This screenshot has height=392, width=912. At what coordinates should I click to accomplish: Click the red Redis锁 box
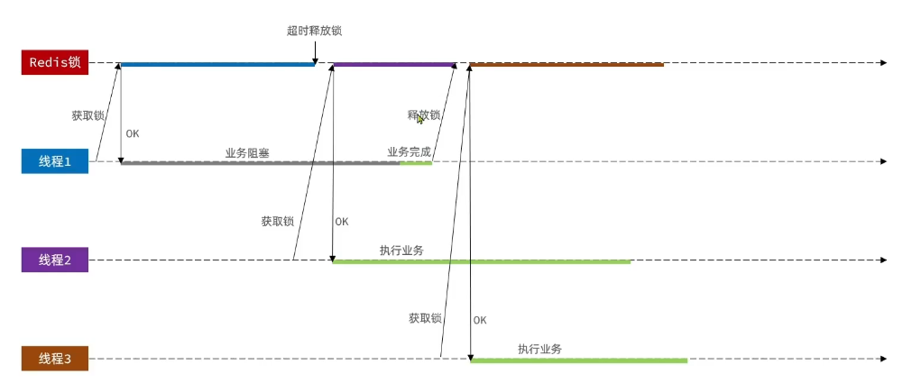(x=55, y=62)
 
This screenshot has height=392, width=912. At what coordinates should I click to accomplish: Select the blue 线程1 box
(x=55, y=161)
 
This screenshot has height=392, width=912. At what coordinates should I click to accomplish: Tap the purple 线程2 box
(x=55, y=260)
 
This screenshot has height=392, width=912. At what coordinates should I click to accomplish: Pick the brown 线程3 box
(x=55, y=359)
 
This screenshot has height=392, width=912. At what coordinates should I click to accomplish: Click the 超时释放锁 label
(x=314, y=31)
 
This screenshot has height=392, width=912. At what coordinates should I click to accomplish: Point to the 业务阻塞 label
(x=247, y=152)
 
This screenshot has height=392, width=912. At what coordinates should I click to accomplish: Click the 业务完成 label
(x=409, y=152)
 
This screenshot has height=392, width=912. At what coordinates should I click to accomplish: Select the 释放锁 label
(x=424, y=115)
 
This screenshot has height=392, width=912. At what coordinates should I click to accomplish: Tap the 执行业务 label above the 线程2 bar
(x=402, y=250)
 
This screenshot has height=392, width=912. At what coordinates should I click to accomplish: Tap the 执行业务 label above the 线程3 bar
(x=539, y=349)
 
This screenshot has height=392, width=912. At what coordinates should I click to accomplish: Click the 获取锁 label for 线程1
(x=88, y=115)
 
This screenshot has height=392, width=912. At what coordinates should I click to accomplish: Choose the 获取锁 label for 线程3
(x=424, y=318)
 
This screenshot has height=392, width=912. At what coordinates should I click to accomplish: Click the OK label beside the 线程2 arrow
(x=341, y=222)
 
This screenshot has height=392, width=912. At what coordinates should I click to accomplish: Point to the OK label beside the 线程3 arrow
(x=479, y=320)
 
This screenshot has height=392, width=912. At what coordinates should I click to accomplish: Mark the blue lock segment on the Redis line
(x=216, y=64)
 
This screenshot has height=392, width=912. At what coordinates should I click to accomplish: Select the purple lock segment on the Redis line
(x=394, y=64)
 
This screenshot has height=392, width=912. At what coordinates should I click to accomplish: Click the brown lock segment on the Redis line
(x=567, y=64)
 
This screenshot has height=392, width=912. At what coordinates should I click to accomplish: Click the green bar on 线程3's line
(x=578, y=360)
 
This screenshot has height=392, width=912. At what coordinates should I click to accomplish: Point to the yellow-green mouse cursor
(x=420, y=119)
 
